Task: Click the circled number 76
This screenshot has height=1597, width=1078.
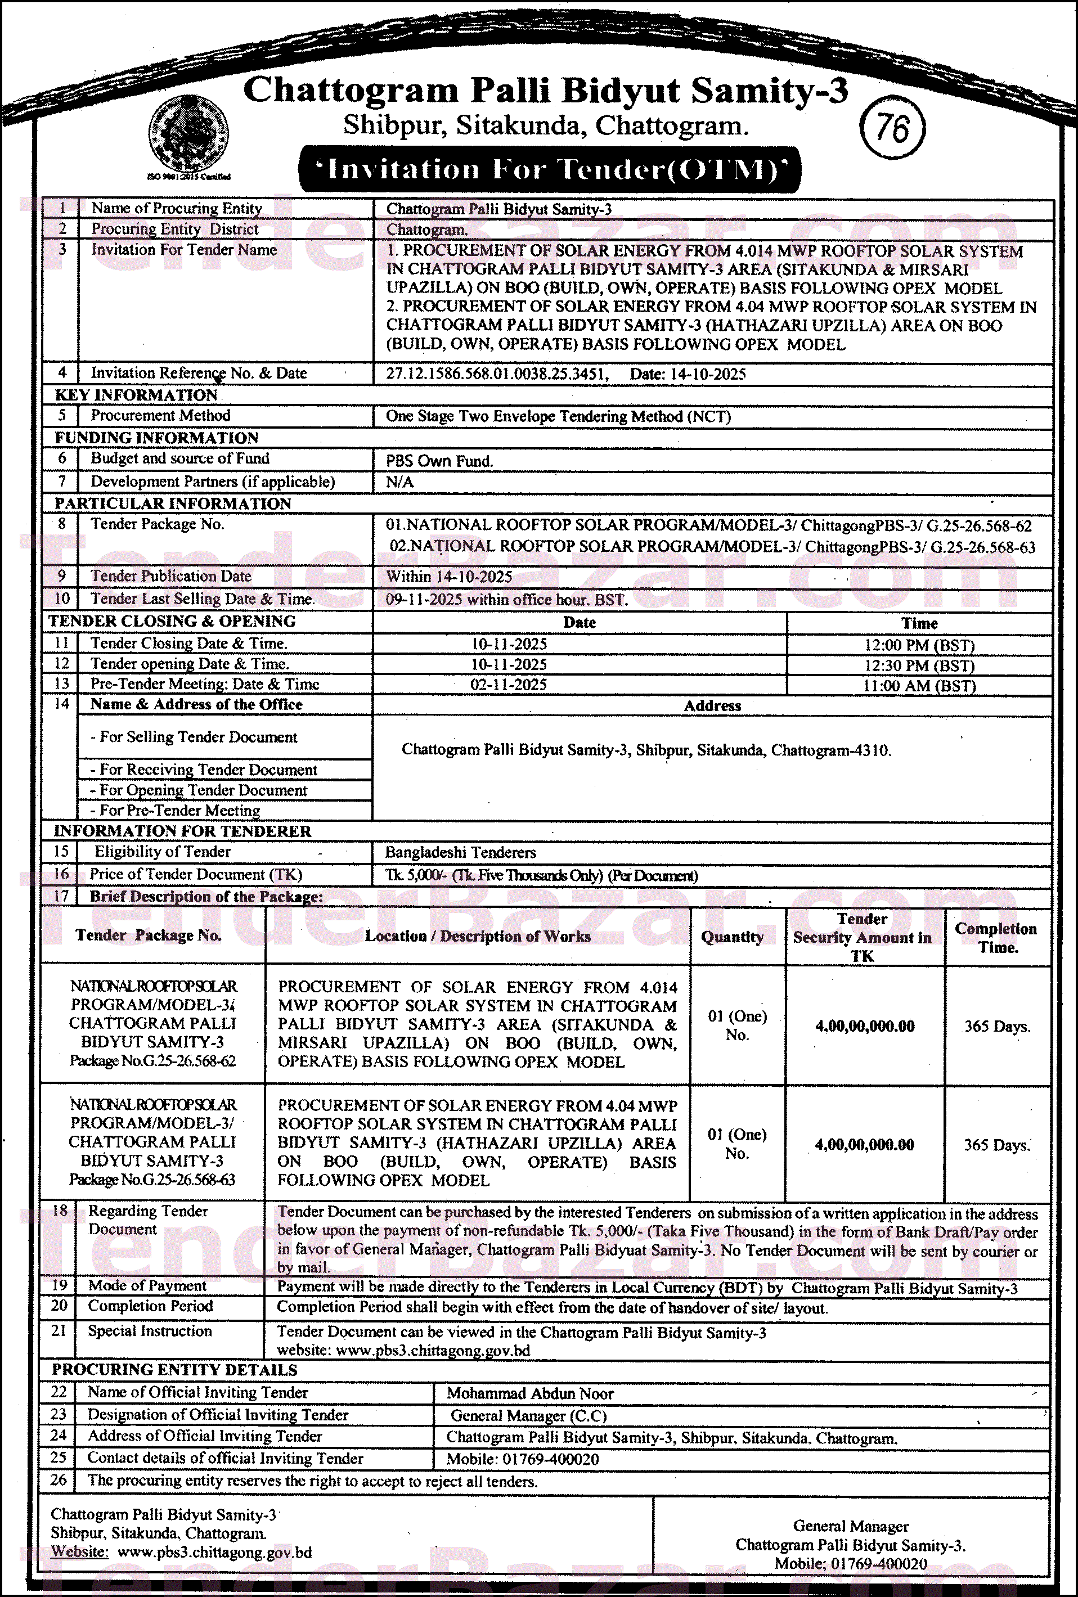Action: point(892,128)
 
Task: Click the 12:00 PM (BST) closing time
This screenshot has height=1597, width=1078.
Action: point(919,645)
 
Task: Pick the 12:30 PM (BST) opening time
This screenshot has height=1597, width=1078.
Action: point(919,666)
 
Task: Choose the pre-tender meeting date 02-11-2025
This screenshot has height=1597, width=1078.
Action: point(509,685)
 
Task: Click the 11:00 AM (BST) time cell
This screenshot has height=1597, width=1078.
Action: point(919,686)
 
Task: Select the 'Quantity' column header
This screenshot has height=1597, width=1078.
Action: point(732,937)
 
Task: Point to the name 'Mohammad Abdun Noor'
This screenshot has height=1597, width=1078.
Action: point(530,1393)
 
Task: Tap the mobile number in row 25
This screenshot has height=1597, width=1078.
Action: point(523,1459)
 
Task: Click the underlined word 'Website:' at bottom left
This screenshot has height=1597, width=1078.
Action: point(80,1551)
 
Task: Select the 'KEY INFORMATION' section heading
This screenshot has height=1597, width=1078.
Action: point(136,395)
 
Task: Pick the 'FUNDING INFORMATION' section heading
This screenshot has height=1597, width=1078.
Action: point(157,438)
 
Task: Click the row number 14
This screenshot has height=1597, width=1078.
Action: point(62,704)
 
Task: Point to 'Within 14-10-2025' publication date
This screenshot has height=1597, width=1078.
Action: point(449,577)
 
